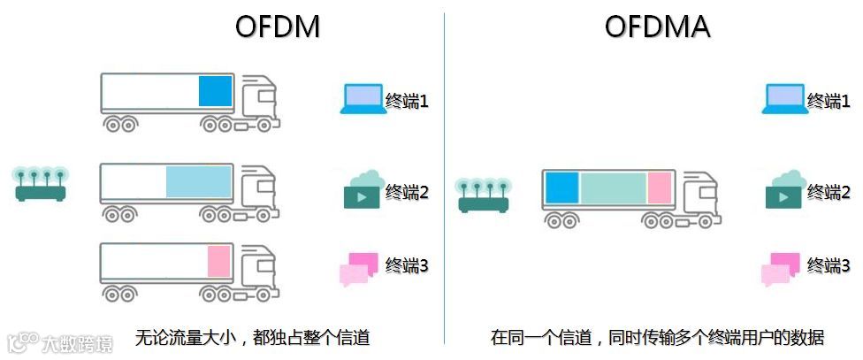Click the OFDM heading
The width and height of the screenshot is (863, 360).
click(277, 27)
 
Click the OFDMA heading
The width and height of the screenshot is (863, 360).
click(657, 27)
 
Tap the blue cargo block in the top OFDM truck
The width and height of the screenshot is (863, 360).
click(215, 91)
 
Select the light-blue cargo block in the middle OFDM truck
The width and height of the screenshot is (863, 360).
click(198, 181)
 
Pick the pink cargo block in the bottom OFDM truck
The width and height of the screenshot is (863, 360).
click(218, 262)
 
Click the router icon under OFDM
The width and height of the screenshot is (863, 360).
click(41, 183)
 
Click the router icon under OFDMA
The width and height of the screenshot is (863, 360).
click(483, 195)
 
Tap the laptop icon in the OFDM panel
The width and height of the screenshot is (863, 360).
click(362, 99)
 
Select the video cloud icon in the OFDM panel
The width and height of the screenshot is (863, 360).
click(362, 190)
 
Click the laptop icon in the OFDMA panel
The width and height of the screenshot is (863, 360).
click(783, 99)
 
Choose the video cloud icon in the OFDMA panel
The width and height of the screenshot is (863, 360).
click(783, 190)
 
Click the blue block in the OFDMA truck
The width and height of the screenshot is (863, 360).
click(561, 188)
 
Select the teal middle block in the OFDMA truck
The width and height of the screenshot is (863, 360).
click(613, 188)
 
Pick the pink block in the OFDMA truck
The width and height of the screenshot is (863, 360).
click(660, 188)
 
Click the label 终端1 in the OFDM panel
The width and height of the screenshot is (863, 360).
click(407, 101)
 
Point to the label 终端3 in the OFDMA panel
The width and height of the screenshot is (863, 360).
click(829, 265)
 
